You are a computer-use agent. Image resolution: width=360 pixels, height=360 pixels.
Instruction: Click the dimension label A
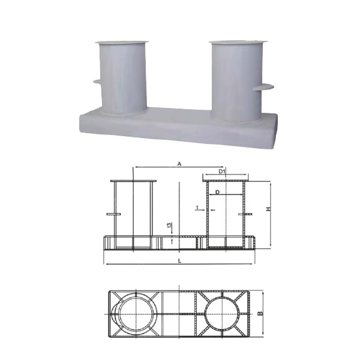tap(179, 164)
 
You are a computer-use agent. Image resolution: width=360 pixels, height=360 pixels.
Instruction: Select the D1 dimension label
tap(221, 171)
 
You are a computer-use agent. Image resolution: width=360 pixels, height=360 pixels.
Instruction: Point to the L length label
tap(180, 261)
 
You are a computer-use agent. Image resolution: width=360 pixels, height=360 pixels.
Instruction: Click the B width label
tap(260, 313)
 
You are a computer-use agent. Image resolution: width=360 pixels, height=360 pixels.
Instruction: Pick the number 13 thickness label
tap(169, 225)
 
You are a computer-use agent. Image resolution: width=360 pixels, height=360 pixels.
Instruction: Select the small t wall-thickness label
tap(197, 208)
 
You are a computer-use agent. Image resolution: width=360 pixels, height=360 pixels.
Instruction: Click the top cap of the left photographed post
tap(122, 43)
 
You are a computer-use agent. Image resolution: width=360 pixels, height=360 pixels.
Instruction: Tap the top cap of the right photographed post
tap(238, 42)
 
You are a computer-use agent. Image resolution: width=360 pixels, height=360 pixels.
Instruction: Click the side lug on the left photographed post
tap(97, 82)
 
